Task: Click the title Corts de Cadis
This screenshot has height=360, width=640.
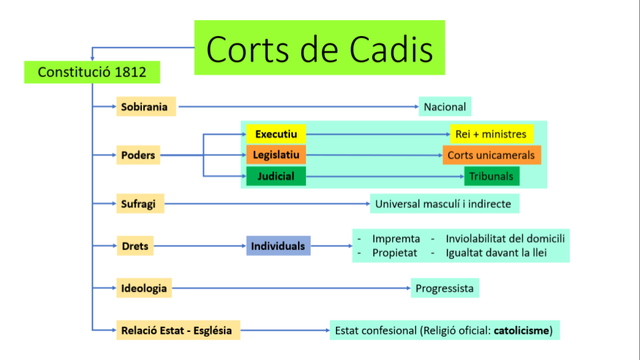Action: coord(319,48)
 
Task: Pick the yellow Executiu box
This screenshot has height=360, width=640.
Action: coord(274,134)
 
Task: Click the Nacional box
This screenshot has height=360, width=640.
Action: coord(445,106)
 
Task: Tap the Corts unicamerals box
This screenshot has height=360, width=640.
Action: coord(492,155)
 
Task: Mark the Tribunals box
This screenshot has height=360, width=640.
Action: coord(492,176)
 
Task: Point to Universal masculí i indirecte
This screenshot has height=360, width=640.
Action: coord(444,204)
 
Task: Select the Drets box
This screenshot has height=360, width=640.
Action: coord(135,246)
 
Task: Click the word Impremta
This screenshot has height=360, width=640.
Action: coord(396,239)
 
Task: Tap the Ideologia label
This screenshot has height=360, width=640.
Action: coord(144,288)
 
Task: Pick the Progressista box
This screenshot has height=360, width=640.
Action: coord(444,288)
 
